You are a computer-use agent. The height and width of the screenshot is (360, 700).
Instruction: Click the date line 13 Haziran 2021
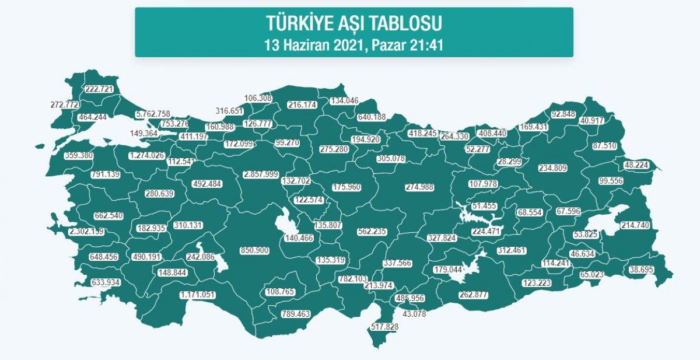(x=353, y=44)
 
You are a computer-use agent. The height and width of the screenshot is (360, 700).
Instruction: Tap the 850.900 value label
(x=254, y=250)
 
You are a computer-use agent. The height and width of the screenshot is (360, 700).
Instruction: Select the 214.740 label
(x=635, y=225)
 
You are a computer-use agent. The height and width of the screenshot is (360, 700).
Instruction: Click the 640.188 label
(x=372, y=117)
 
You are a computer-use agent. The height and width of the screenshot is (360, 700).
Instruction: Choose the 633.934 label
(x=109, y=283)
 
